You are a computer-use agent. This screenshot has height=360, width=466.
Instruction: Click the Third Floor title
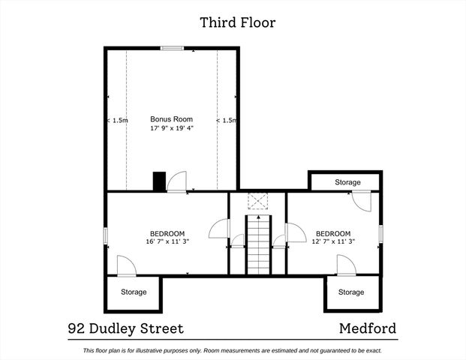point(237,22)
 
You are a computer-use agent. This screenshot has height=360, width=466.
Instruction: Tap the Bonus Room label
point(171,119)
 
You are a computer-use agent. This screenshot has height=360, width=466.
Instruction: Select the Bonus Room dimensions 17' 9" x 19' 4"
point(171,129)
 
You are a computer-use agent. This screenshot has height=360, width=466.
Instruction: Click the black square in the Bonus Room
point(158,181)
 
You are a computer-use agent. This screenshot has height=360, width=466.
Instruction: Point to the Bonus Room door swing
point(178,181)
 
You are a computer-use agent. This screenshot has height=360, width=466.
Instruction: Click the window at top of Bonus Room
point(172,49)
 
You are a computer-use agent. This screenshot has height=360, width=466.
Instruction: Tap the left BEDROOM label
point(166,234)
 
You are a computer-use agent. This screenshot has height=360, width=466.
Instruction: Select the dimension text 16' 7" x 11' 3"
point(166,242)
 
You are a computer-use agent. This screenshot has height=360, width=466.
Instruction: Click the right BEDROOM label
point(332,234)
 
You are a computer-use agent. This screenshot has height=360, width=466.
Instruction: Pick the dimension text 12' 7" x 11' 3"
point(332,242)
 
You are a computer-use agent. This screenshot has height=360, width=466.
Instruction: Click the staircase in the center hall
point(257,244)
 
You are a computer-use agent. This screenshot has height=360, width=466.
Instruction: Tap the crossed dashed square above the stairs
point(257,202)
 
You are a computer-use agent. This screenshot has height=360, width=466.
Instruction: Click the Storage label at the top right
point(347,182)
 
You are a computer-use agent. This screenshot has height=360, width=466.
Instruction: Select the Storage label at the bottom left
point(134,292)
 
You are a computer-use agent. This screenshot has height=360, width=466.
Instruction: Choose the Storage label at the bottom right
point(350,292)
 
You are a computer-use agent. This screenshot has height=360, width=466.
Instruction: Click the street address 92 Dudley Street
point(125,328)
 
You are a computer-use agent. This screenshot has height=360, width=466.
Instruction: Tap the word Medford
point(368,328)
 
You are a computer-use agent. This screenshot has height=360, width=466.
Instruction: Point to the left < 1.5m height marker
point(117,120)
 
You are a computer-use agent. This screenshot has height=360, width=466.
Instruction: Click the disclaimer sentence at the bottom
point(233,350)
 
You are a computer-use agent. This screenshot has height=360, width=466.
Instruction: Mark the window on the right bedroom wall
point(381,234)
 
